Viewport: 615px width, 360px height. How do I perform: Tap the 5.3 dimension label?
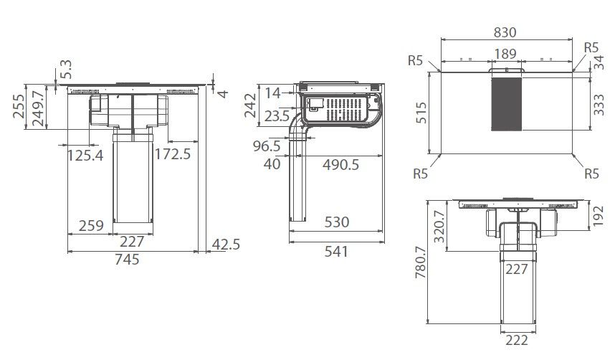[x=67, y=70]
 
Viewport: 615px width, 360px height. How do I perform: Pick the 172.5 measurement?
[x=172, y=153]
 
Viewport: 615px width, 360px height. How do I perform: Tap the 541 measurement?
[x=335, y=252]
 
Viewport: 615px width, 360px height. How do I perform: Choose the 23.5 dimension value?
[x=277, y=116]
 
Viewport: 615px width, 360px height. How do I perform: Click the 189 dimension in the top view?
[x=506, y=55]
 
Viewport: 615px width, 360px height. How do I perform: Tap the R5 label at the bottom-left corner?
[x=421, y=174]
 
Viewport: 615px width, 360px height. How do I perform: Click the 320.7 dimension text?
[x=441, y=227]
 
